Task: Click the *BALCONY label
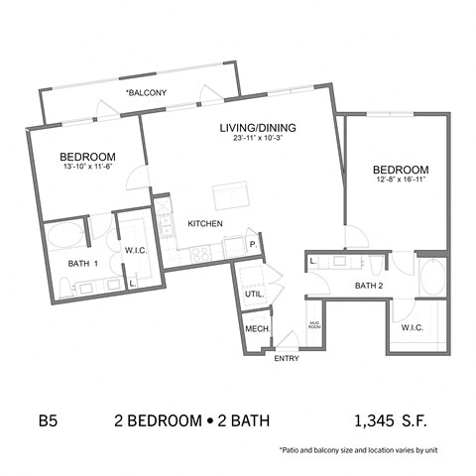[146, 92]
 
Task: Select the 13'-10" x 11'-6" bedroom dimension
[88, 167]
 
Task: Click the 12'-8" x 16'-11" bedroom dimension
[401, 179]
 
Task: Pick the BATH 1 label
[81, 264]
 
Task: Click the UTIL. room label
[254, 295]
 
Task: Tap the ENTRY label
[286, 358]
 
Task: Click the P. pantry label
[254, 243]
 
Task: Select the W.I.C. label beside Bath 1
[136, 250]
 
